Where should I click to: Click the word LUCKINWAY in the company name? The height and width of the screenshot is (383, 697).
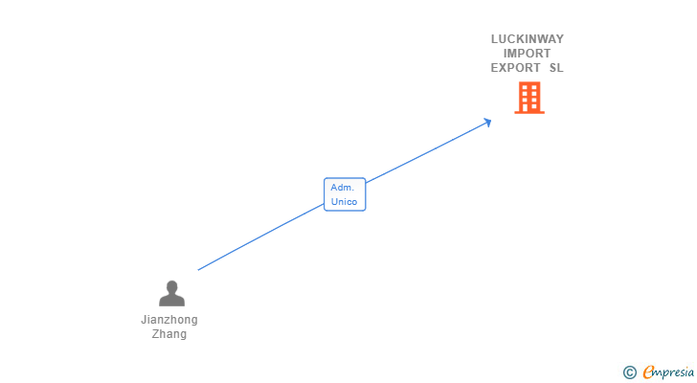[x=528, y=39]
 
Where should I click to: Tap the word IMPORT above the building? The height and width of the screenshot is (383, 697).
[x=528, y=54]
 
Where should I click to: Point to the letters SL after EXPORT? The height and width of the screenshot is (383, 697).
[x=556, y=68]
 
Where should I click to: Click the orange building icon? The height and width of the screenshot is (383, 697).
[x=529, y=97]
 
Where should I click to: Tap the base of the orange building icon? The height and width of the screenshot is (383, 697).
[x=529, y=112]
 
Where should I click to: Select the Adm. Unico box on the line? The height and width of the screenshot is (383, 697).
[x=345, y=194]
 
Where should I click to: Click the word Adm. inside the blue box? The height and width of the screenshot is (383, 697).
[x=343, y=188]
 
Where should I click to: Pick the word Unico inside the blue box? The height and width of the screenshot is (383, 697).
[x=345, y=202]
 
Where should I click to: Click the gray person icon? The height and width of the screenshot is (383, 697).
[x=171, y=293]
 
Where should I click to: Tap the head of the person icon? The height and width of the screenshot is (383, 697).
[x=171, y=286]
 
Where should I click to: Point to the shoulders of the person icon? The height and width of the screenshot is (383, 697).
[x=171, y=300]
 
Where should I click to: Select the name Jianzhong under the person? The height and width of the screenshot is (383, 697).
[x=169, y=320]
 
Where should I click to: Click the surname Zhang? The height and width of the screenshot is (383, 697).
[x=169, y=334]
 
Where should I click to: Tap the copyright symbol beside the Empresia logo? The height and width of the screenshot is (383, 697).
[x=629, y=372]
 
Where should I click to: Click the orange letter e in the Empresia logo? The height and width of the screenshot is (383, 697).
[x=648, y=372]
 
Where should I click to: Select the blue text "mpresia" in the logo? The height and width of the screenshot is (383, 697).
[x=674, y=372]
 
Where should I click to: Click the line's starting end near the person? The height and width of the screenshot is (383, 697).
[x=199, y=269]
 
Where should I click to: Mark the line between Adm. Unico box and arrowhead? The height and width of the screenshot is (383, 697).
[x=426, y=152]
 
